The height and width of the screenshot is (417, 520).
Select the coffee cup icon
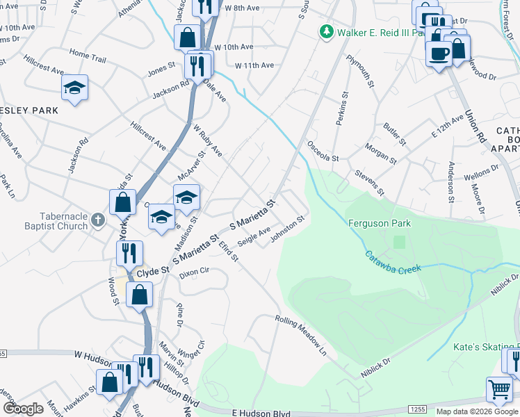click(x=439, y=54)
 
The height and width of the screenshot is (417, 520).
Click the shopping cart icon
click(x=500, y=389)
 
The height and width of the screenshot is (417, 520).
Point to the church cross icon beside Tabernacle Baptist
click(x=98, y=221)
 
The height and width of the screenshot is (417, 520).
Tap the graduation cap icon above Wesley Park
click(x=74, y=88)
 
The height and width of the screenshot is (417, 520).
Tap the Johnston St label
click(x=288, y=229)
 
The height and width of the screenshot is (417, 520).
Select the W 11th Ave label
click(x=254, y=65)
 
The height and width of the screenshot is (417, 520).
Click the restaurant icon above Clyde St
click(x=129, y=252)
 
